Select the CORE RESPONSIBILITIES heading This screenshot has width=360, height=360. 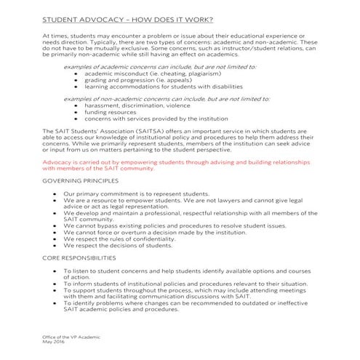pyautogui.click(x=79, y=257)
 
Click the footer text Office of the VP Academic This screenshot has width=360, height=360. pyautogui.click(x=71, y=338)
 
